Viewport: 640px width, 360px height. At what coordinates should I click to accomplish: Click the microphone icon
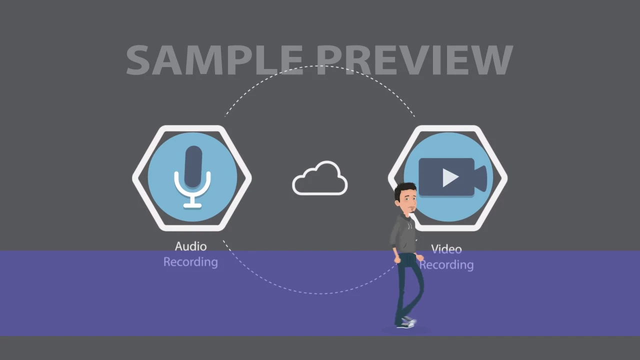(x=192, y=177)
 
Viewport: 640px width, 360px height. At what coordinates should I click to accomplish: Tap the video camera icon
(x=452, y=177)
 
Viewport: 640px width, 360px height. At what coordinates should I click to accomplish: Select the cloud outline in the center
(x=319, y=178)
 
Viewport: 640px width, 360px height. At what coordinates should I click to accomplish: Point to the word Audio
(x=190, y=246)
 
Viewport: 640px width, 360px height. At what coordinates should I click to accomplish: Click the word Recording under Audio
(x=190, y=262)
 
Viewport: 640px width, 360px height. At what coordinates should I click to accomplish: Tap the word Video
(x=446, y=249)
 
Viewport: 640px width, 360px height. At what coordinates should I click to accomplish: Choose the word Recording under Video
(x=446, y=265)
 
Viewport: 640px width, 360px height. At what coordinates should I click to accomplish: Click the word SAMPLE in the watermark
(x=214, y=60)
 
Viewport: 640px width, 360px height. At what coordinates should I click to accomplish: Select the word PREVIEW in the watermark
(x=415, y=60)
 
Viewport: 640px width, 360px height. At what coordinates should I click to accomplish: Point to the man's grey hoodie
(x=403, y=234)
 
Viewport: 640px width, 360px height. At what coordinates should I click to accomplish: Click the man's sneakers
(x=406, y=322)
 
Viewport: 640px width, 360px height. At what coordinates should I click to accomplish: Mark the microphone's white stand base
(x=192, y=205)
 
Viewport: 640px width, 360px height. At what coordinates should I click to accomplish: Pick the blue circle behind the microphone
(x=192, y=177)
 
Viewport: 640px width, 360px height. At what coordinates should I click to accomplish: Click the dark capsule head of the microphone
(x=193, y=166)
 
